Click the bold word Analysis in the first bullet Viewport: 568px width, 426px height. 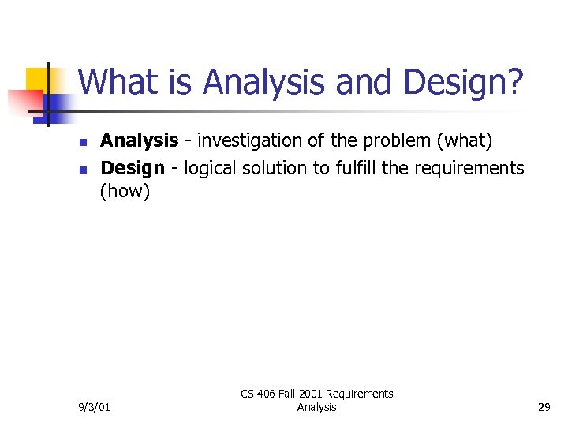(139, 141)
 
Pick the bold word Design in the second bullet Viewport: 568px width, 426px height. (133, 167)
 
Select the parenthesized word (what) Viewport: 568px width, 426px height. (465, 141)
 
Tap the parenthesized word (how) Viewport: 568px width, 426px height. (125, 192)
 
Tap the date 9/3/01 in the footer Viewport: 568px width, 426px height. (95, 407)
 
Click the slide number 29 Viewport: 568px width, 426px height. (544, 407)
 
